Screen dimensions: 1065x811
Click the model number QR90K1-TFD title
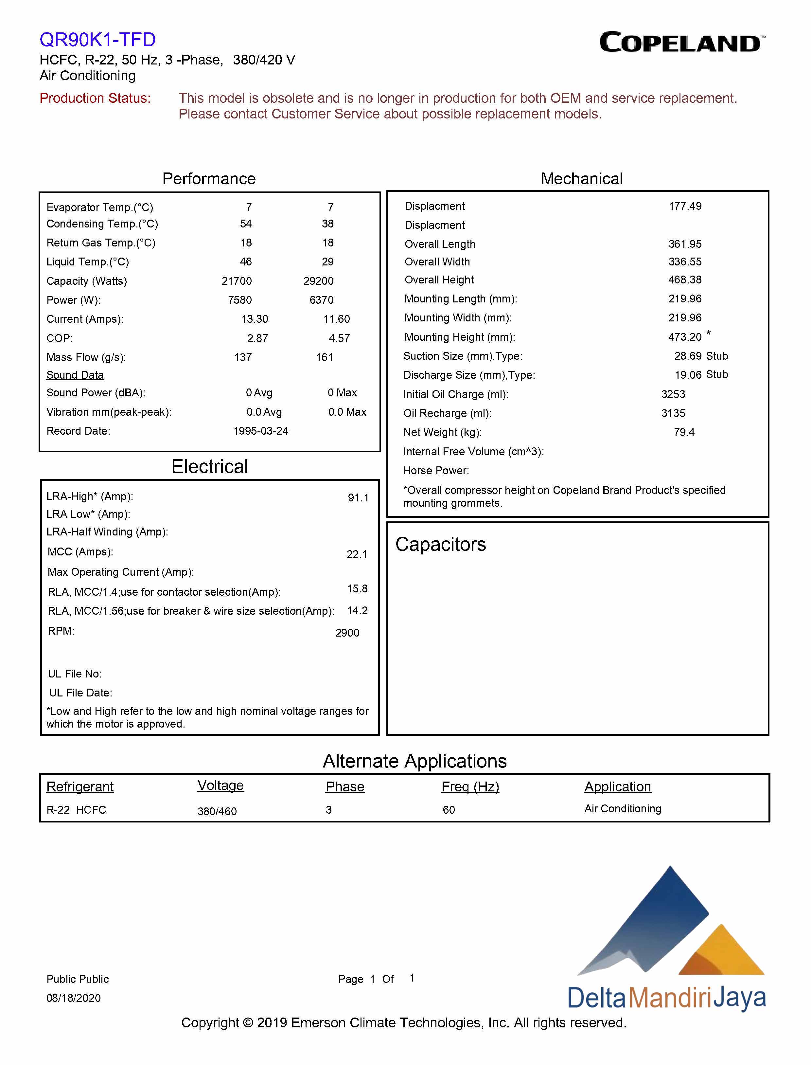pos(97,40)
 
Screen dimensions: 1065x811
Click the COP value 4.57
pos(339,338)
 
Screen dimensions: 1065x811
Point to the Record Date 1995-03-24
pos(261,431)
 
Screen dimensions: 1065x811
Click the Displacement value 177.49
pos(684,206)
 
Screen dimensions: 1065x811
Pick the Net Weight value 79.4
pos(683,432)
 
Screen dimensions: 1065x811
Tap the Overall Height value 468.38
pos(684,280)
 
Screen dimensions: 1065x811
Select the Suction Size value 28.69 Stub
pos(700,356)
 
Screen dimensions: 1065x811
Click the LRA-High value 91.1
pos(358,498)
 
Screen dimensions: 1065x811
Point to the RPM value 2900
pos(347,633)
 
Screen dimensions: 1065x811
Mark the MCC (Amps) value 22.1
pos(357,554)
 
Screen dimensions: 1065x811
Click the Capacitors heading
pos(440,544)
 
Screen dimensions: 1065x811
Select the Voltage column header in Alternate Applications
pos(220,785)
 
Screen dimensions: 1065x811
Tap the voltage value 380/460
pos(217,811)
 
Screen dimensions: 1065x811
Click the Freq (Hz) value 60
pos(449,810)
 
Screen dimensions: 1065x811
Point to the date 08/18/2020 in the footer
pos(73,998)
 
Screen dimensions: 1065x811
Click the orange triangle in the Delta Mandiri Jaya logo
pos(724,951)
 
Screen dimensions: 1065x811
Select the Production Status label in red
pos(95,98)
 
